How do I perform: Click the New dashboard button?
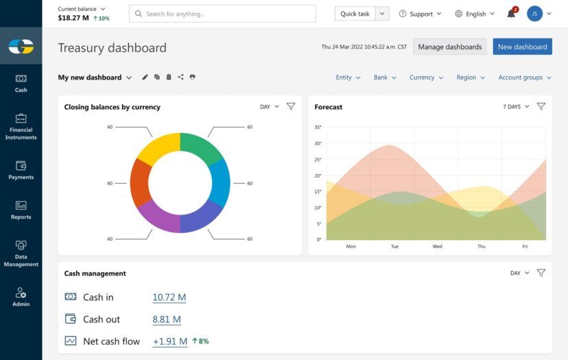point(522,47)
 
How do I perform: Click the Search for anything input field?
point(222,14)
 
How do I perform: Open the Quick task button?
point(355,14)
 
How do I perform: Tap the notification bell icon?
point(511,14)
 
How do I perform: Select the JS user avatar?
point(534,14)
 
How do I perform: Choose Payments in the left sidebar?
point(21,169)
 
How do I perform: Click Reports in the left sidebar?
point(21,209)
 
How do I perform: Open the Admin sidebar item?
point(21,296)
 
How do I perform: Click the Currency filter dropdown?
point(427,77)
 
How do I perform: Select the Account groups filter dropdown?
point(524,77)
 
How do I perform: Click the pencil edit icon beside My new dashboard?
point(145,77)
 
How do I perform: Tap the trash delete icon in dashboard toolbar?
point(169,77)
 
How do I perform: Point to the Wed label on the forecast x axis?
point(437,246)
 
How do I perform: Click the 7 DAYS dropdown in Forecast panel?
point(516,107)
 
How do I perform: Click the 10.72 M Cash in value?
point(169,298)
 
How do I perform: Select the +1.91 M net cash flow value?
point(169,341)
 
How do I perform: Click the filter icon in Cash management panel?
point(541,273)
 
